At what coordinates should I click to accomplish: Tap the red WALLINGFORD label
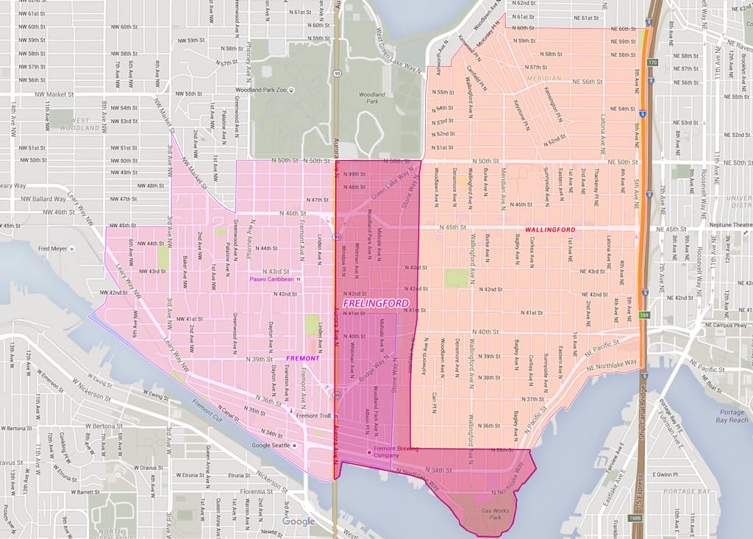tap(551, 230)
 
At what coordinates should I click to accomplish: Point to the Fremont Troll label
tap(313, 415)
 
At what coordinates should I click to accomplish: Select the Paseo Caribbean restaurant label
tap(271, 279)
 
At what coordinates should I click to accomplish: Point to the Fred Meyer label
tap(53, 249)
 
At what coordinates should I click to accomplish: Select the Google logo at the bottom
tap(299, 521)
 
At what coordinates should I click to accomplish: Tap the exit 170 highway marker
tap(652, 63)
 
